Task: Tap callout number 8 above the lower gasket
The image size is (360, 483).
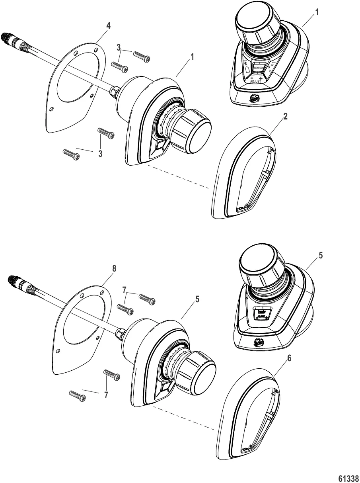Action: pyautogui.click(x=114, y=268)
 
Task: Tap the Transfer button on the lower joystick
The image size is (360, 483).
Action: pyautogui.click(x=261, y=313)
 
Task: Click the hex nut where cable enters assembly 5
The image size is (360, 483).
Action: pyautogui.click(x=120, y=332)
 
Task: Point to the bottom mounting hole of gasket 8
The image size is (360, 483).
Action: pyautogui.click(x=58, y=351)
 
